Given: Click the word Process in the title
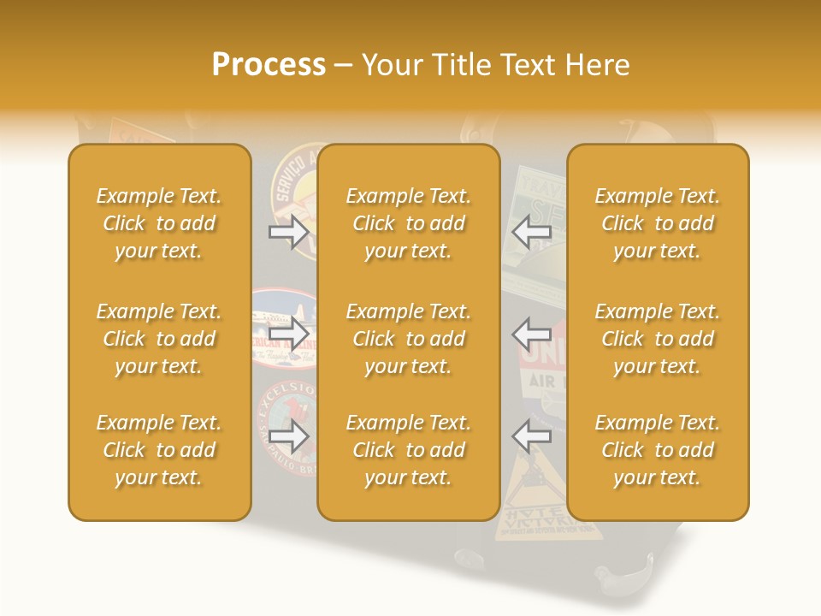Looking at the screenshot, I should [x=269, y=65].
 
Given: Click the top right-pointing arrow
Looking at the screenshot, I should [x=288, y=232].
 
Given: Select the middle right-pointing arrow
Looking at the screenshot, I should [x=288, y=334].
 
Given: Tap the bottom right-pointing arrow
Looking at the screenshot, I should [x=288, y=435].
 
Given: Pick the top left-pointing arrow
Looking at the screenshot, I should [x=532, y=232].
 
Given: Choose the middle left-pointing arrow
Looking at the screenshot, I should [x=532, y=334].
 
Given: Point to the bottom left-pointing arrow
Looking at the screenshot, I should [x=532, y=435].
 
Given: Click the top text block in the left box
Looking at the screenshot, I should [x=159, y=223].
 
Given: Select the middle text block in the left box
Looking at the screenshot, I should [x=159, y=339].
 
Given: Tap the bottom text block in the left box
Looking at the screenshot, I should [x=159, y=450].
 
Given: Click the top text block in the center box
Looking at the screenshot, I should [x=408, y=223].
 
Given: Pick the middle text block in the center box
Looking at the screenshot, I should [x=408, y=339].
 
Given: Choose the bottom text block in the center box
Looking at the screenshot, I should [x=408, y=450].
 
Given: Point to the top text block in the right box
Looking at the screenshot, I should [x=657, y=223].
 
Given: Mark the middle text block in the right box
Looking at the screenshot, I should [x=657, y=339].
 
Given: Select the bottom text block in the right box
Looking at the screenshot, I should [x=657, y=450].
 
